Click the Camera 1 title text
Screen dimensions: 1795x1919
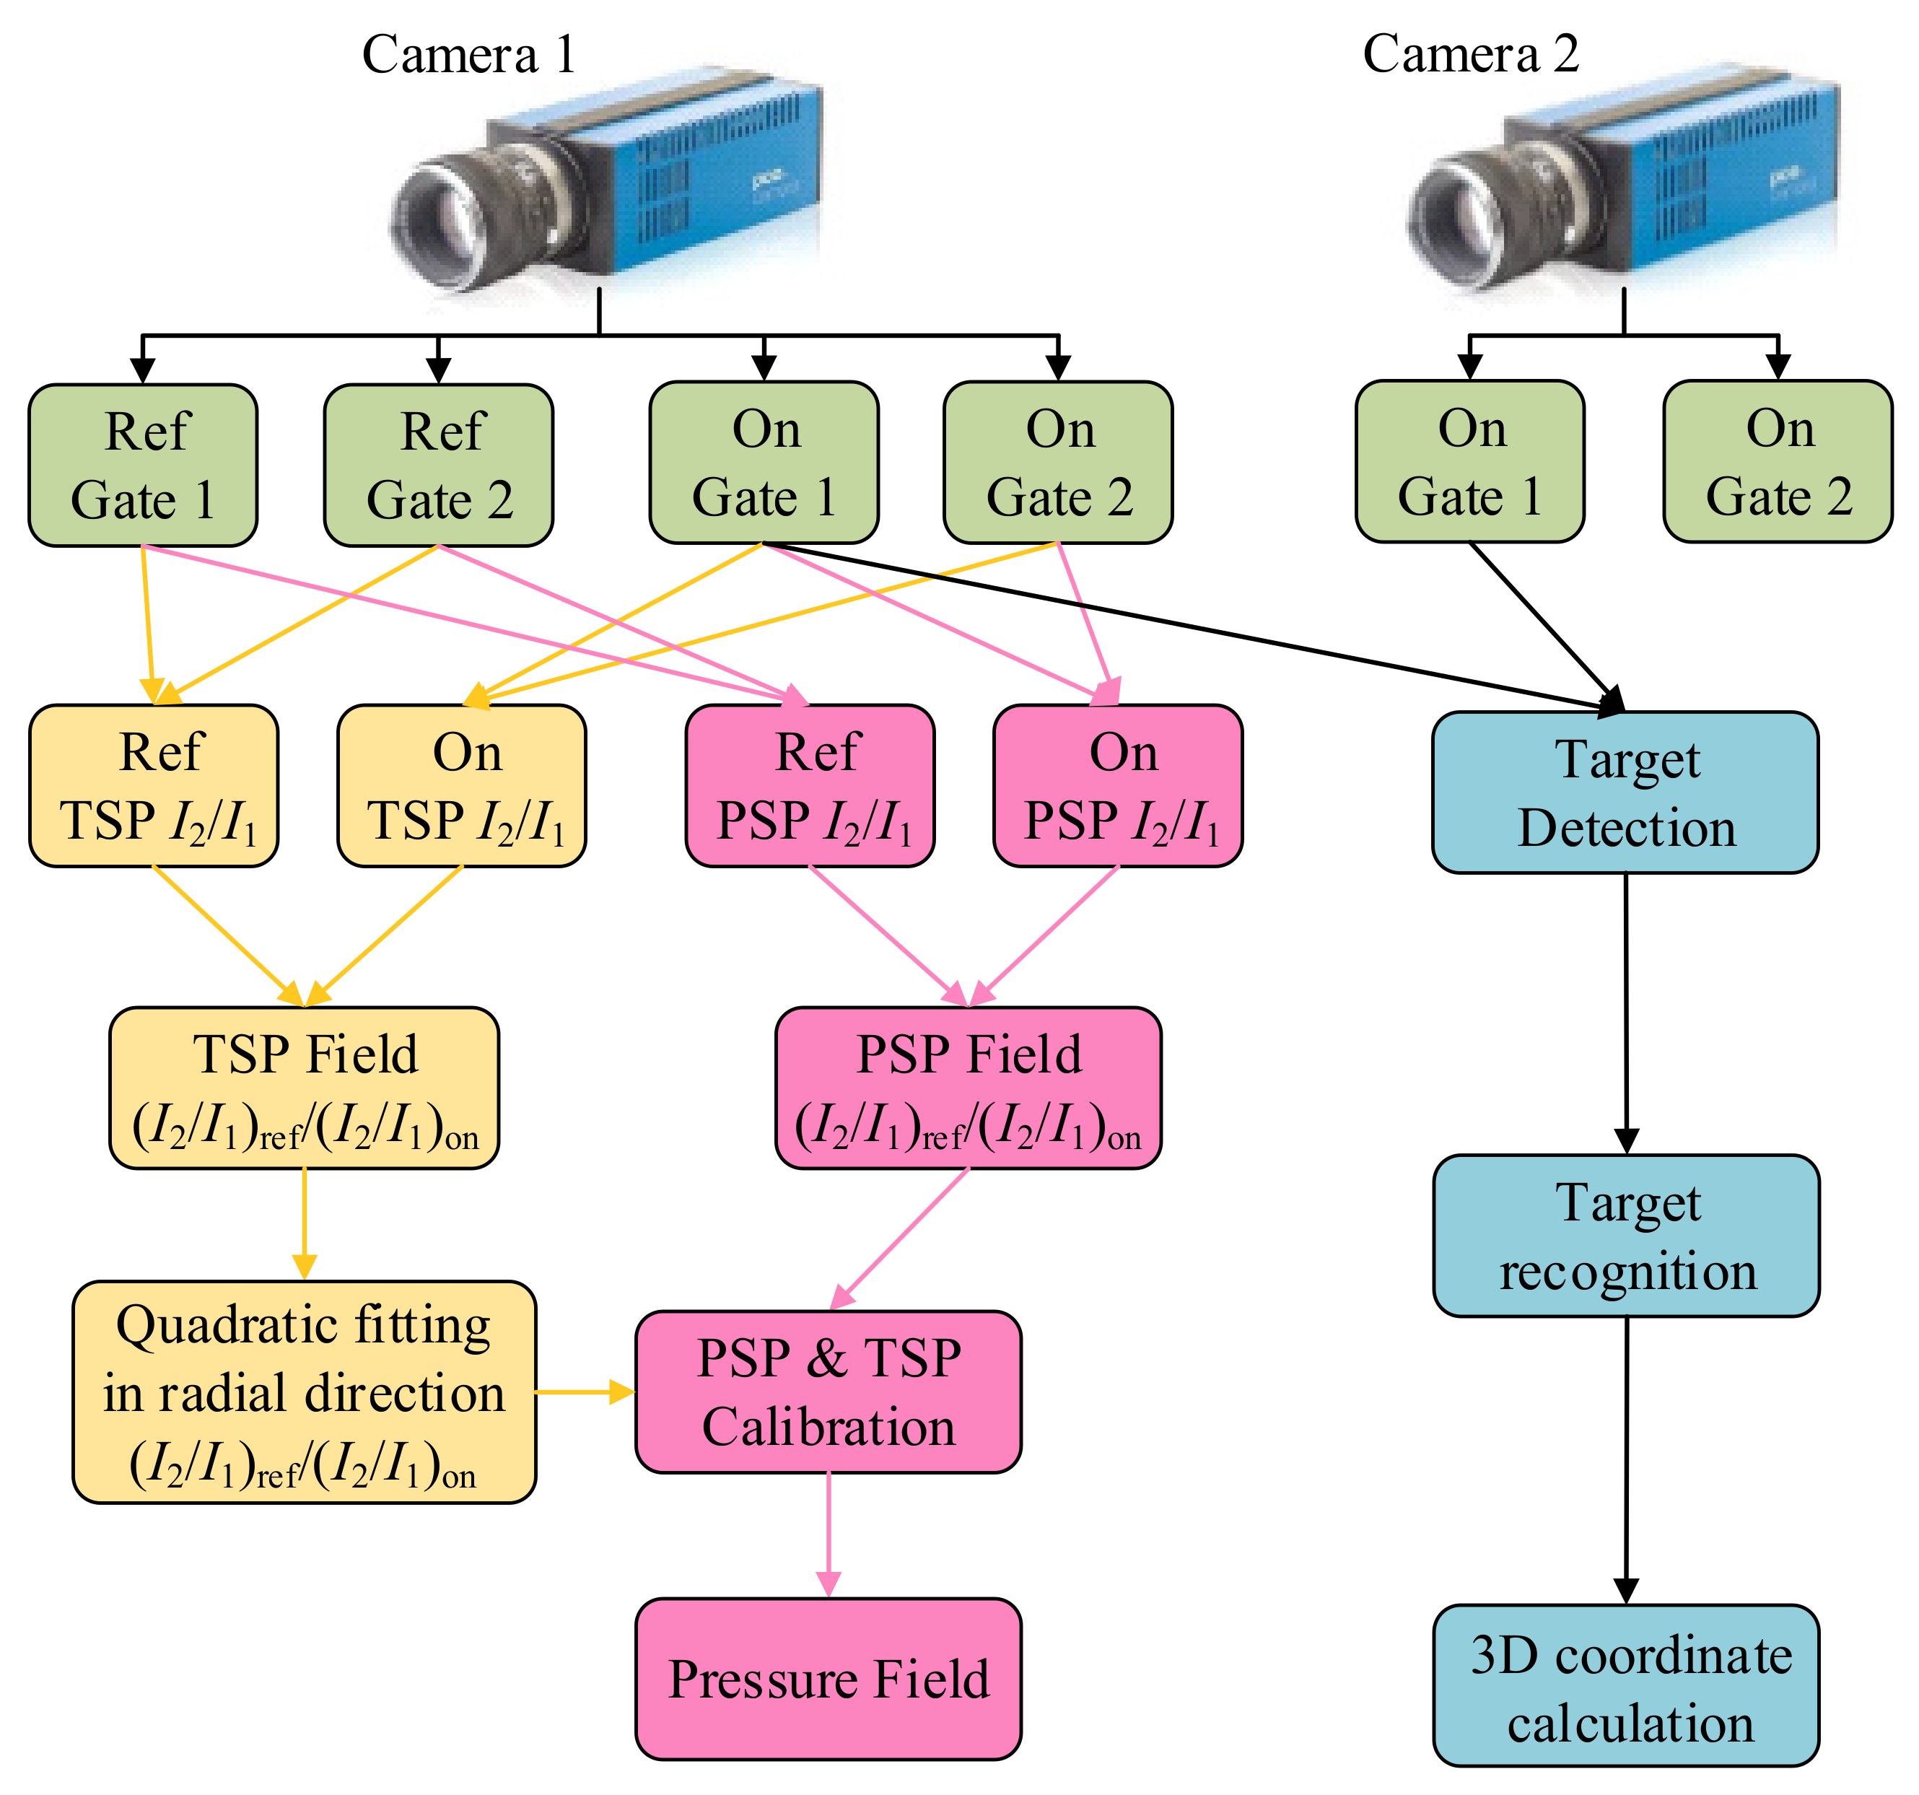(x=469, y=55)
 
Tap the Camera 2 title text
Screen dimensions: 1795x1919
(x=1470, y=54)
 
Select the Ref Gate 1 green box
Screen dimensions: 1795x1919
(x=143, y=466)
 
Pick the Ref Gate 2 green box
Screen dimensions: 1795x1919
(x=438, y=466)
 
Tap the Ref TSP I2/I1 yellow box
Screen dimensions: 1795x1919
(x=154, y=786)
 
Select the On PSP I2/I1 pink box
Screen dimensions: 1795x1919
(x=1118, y=786)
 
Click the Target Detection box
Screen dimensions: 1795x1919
(x=1625, y=792)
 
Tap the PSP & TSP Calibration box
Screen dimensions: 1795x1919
(x=829, y=1392)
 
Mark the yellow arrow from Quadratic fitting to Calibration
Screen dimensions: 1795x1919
(x=584, y=1392)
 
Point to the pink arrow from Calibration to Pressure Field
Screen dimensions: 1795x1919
(x=829, y=1535)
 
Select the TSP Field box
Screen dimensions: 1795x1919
(x=304, y=1088)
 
